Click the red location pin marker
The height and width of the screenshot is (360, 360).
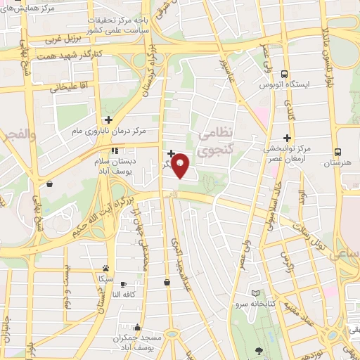(180, 165)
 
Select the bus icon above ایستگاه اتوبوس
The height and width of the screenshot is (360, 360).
(284, 74)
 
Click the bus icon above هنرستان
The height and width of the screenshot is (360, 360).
(338, 151)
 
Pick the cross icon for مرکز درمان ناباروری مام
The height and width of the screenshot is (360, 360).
(108, 120)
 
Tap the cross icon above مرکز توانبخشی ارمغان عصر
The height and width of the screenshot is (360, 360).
(287, 138)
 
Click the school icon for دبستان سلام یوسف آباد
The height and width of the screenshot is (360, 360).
(115, 149)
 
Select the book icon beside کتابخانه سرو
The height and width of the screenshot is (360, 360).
(255, 292)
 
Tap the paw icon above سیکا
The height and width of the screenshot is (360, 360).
(105, 268)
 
